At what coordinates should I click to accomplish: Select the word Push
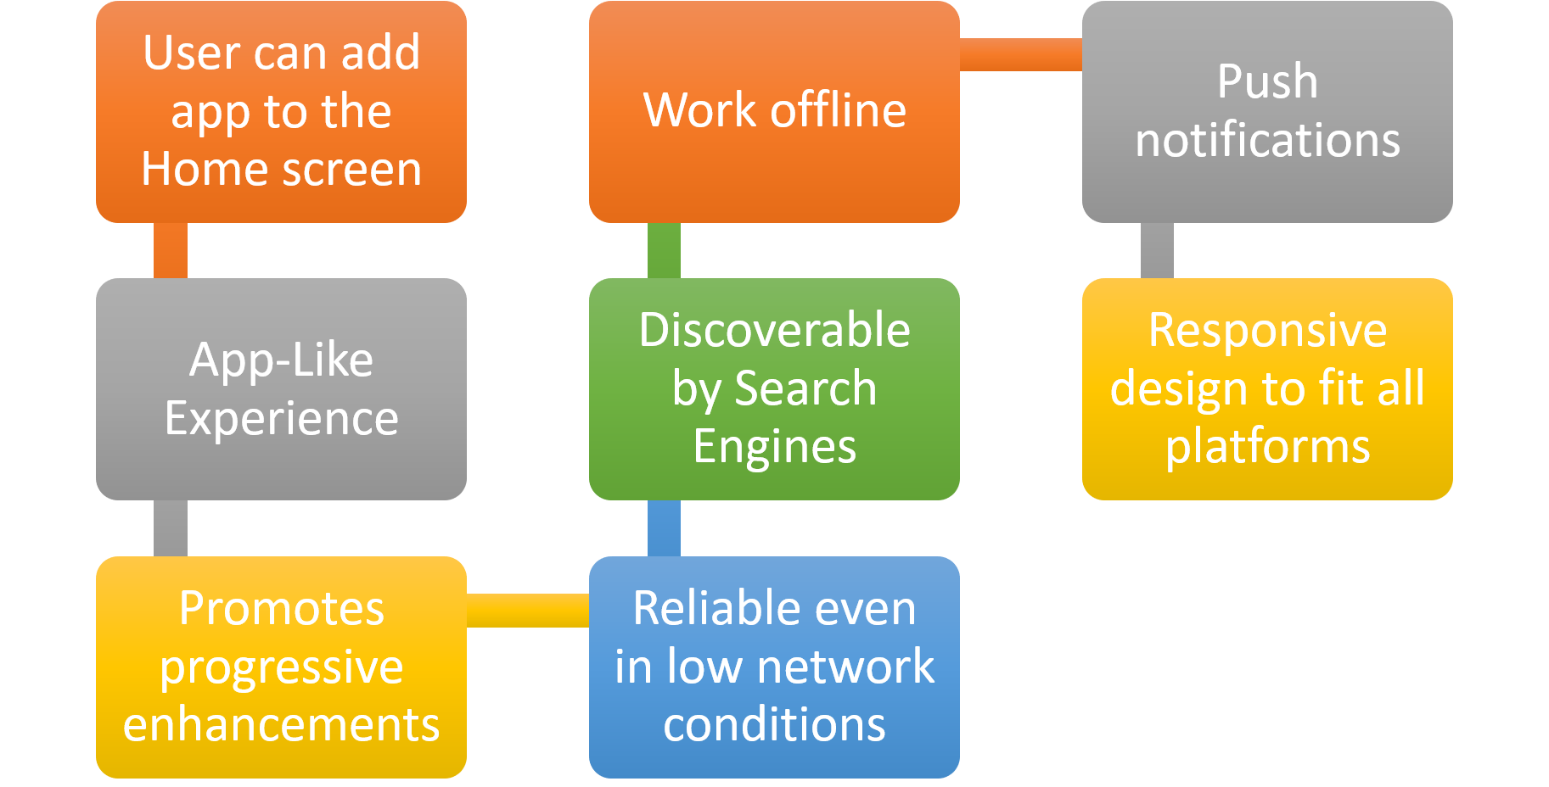click(1267, 81)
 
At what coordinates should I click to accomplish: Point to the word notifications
click(1267, 140)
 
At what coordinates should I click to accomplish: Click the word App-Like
click(281, 360)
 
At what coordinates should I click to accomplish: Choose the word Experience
click(281, 418)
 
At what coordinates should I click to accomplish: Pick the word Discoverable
click(774, 330)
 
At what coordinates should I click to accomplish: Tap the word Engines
click(774, 447)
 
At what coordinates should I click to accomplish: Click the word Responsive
click(1267, 330)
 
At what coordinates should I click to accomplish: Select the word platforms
click(1267, 447)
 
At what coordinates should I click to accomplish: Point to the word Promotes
click(281, 608)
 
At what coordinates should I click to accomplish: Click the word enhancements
click(281, 725)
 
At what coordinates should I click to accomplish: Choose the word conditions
click(774, 725)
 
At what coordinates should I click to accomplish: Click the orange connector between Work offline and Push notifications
click(1020, 54)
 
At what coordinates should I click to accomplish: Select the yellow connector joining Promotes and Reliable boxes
click(527, 610)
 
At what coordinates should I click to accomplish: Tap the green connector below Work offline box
click(664, 250)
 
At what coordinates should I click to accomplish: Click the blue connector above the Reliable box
click(664, 527)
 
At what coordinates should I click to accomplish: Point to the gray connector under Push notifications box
click(1157, 250)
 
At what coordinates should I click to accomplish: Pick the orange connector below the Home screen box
click(171, 250)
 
